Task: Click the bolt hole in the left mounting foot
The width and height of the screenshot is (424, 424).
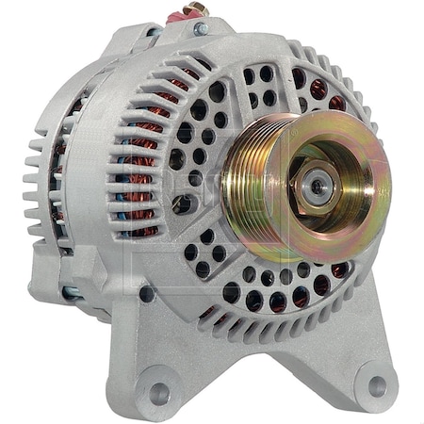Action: pyautogui.click(x=159, y=391)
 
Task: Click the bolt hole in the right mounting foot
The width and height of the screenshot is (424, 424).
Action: pyautogui.click(x=377, y=385)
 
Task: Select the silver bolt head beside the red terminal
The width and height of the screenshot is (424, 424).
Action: pyautogui.click(x=201, y=28)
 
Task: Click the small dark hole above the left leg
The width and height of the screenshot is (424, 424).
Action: pyautogui.click(x=147, y=294)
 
